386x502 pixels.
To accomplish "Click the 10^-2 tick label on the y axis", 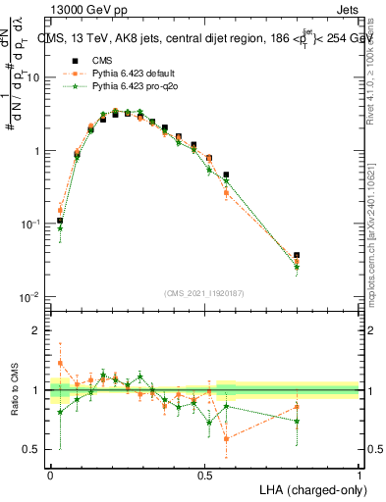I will [x=28, y=297].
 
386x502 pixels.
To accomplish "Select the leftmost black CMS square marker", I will [x=60, y=221].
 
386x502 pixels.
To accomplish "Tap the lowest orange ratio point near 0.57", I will [x=227, y=439].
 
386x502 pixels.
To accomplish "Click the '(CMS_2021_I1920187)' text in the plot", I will [x=204, y=293].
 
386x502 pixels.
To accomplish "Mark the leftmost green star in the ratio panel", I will [x=60, y=412].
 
